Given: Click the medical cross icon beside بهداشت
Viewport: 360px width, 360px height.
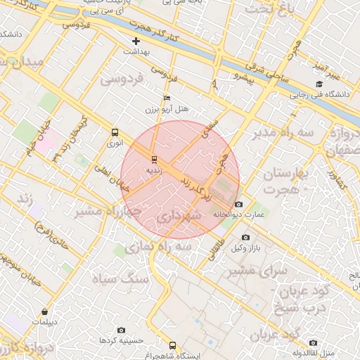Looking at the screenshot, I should coord(136,41).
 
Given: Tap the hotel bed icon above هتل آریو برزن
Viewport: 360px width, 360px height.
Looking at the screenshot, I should coord(167,98).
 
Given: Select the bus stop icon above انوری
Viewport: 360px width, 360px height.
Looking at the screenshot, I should coord(115,131).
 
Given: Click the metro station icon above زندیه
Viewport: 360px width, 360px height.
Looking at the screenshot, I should coord(155,159).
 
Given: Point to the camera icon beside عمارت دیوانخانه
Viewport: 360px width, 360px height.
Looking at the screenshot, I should coord(238,204).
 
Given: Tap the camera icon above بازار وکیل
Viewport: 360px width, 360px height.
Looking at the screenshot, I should coord(245,238).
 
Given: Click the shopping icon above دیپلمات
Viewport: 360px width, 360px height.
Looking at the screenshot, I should coord(45,311).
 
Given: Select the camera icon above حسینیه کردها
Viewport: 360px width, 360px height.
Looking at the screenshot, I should coord(121,330).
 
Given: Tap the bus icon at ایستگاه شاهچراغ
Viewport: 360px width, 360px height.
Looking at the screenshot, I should coord(173,345).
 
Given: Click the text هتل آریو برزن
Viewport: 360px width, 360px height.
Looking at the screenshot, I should coord(167,110).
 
